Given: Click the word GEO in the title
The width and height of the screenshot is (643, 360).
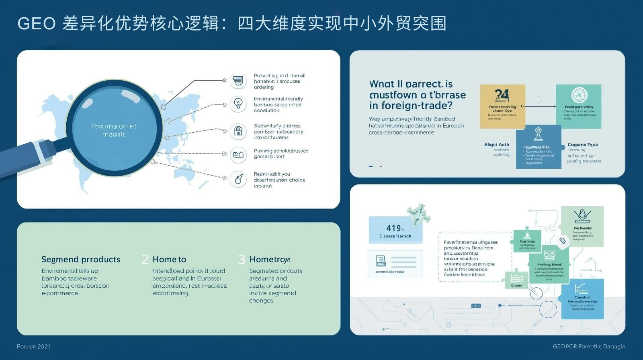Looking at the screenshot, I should tap(37, 24).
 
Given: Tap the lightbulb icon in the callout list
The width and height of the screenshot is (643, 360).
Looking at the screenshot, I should tap(238, 104).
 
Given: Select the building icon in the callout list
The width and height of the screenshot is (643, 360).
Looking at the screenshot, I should tap(238, 131).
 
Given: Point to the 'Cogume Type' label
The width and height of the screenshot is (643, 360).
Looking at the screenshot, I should tap(583, 145).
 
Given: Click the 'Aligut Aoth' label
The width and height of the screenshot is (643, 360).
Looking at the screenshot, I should tap(497, 145).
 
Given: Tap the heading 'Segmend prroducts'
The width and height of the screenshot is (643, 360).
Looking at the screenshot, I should tap(81, 259).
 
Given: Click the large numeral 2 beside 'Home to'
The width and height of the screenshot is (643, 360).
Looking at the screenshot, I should tap(145, 260).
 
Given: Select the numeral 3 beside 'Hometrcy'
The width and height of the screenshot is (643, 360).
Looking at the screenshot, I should tap(242, 260).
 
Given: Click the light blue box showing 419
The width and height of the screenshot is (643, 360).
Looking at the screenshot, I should tap(395, 230).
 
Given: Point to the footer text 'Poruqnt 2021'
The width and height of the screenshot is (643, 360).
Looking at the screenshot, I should tap(33, 346).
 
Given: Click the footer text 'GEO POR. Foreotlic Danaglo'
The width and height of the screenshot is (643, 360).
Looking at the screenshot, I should tap(589, 346).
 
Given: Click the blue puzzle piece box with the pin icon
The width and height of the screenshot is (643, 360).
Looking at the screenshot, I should tap(539, 147).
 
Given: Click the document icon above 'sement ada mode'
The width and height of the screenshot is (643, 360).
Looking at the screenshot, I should tap(381, 261).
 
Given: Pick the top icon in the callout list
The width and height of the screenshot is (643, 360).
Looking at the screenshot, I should tap(238, 81).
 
